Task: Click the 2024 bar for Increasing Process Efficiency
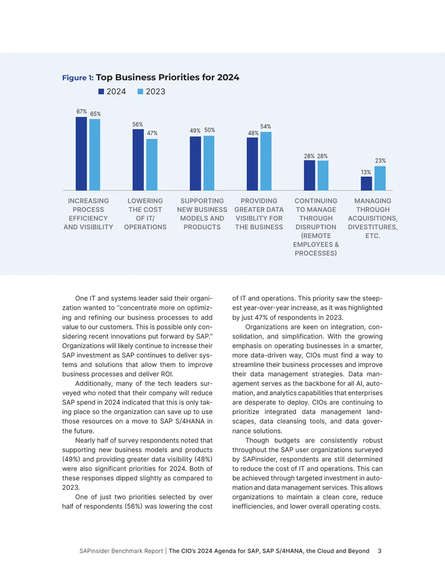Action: (81, 154)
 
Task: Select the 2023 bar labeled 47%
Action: (152, 165)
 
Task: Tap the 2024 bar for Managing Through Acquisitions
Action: (367, 183)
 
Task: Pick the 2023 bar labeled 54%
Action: (266, 161)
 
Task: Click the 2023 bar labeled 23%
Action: (380, 178)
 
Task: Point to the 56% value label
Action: (138, 125)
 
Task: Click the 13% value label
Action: (365, 173)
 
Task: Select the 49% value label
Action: (195, 131)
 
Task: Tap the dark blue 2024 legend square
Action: (101, 91)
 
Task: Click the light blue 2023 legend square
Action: (140, 91)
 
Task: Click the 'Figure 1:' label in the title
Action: (78, 78)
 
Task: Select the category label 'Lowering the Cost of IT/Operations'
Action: (145, 214)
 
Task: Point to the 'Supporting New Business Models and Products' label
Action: (202, 214)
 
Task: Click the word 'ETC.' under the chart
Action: (373, 236)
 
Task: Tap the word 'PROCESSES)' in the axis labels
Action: (316, 253)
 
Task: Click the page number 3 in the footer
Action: (380, 551)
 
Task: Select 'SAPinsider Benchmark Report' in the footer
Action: (121, 551)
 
